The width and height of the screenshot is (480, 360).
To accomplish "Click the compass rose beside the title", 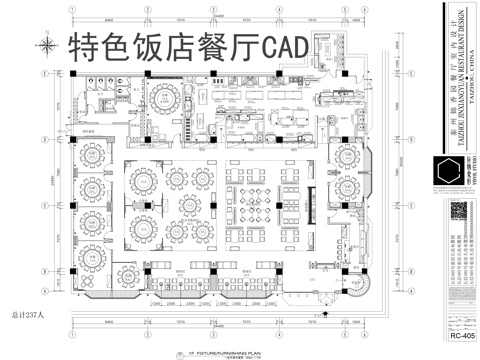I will click(x=46, y=43).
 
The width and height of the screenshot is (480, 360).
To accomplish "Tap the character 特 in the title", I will click(x=81, y=46).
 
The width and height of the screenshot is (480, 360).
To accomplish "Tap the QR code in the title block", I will click(x=459, y=213).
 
